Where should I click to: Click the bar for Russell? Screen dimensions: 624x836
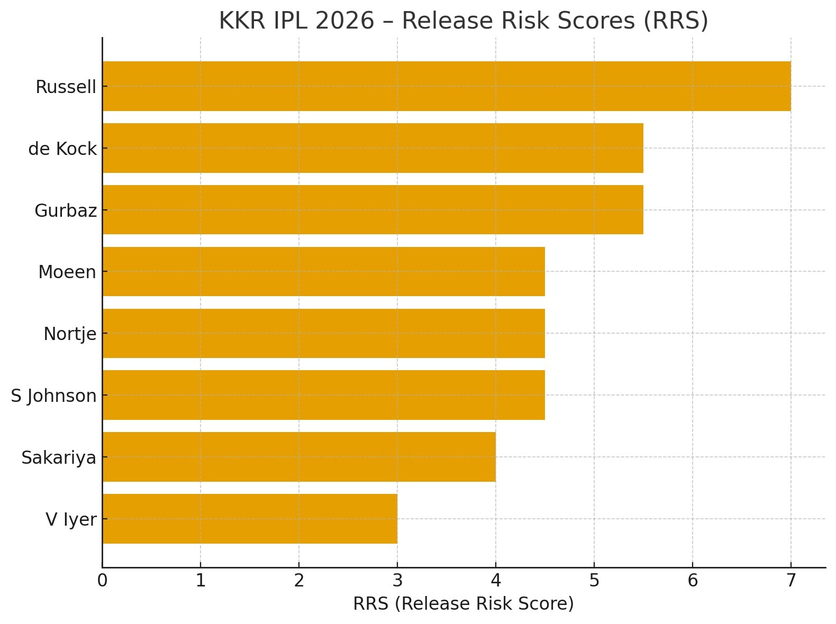point(447,86)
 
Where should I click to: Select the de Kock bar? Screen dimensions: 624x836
point(372,148)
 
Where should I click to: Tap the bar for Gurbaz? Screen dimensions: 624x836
point(372,210)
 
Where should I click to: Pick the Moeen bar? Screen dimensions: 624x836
point(323,271)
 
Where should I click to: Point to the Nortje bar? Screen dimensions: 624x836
point(323,333)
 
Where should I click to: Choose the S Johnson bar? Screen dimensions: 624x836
point(323,395)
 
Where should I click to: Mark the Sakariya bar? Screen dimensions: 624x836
point(299,457)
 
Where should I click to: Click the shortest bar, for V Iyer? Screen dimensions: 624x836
point(250,519)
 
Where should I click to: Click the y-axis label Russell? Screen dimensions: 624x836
point(66,87)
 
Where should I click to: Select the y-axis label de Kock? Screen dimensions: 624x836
point(62,149)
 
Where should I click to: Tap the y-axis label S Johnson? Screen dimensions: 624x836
point(53,396)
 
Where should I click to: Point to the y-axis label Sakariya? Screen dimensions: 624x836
point(59,457)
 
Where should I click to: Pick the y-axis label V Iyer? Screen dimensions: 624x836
point(71,519)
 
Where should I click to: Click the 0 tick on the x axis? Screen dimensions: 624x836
point(102,581)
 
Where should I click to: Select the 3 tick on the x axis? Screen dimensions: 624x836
point(397,581)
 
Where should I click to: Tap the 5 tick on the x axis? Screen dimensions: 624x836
point(594,581)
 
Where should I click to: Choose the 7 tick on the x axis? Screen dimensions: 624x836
point(791,581)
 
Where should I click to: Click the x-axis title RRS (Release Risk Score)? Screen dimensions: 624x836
point(464,603)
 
